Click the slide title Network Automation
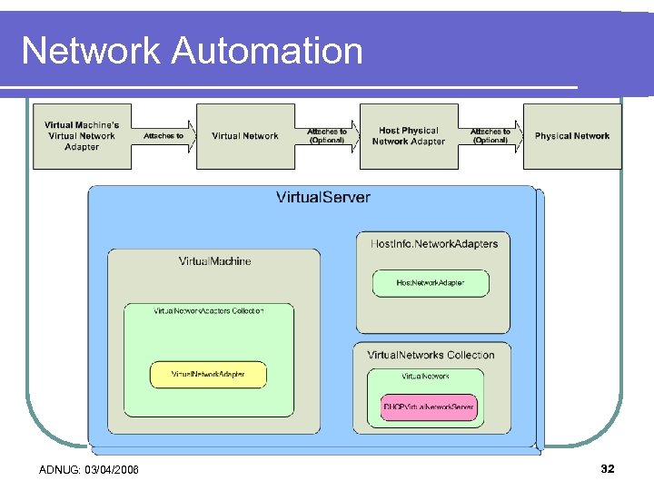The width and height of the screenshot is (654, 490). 192,51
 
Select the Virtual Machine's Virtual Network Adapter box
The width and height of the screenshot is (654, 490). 82,136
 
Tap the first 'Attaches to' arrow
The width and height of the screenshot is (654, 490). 164,136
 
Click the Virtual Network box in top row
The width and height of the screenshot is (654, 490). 245,136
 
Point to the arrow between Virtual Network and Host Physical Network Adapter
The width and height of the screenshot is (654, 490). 327,136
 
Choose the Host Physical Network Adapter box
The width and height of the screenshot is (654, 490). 409,136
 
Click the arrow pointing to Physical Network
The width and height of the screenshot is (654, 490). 490,136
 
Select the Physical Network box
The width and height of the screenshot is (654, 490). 572,136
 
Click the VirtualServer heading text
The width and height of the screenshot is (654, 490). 322,197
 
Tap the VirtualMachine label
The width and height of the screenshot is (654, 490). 214,261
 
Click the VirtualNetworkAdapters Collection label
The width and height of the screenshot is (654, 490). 209,311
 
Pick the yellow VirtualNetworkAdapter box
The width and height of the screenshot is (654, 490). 208,374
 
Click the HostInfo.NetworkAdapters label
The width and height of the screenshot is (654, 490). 434,243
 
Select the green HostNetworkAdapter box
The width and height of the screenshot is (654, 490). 431,283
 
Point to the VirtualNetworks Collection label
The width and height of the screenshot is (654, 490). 431,355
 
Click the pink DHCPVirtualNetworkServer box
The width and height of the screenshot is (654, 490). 429,408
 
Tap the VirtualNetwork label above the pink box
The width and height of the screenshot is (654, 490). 425,376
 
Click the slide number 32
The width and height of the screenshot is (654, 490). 608,468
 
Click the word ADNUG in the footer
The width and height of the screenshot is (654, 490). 58,469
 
